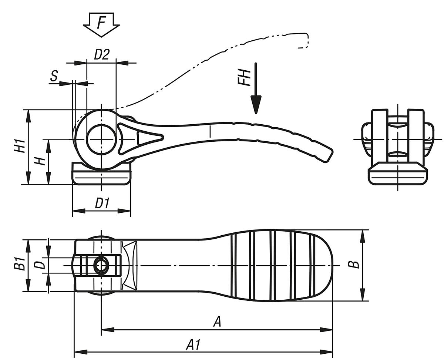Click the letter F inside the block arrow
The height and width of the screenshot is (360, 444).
point(101,23)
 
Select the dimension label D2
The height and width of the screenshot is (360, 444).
point(101,55)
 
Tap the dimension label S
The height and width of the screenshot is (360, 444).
point(54,76)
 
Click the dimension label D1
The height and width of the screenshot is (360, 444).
point(102,203)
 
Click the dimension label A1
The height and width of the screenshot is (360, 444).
point(193,345)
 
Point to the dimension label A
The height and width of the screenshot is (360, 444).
point(218,322)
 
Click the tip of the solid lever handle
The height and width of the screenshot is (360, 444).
point(327,154)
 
